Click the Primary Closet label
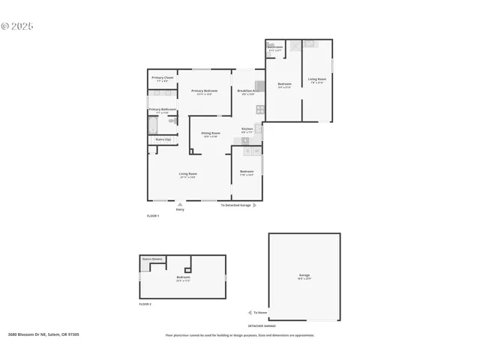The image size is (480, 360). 162,79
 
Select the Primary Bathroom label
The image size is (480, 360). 162,110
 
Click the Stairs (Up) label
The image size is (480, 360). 162,139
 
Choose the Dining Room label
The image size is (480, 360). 210,134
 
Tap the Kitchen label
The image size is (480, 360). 247,130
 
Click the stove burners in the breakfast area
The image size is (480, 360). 259,109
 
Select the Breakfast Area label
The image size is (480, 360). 248,91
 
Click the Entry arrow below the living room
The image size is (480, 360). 179,203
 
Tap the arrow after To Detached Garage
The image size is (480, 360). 255,205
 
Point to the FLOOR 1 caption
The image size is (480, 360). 153,216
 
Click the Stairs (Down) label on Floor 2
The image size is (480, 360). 153,259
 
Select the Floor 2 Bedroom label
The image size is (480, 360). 183,278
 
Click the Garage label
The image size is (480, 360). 304,276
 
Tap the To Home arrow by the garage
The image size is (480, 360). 250,313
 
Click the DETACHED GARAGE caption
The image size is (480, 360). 262,326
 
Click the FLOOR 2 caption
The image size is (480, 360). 145,304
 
